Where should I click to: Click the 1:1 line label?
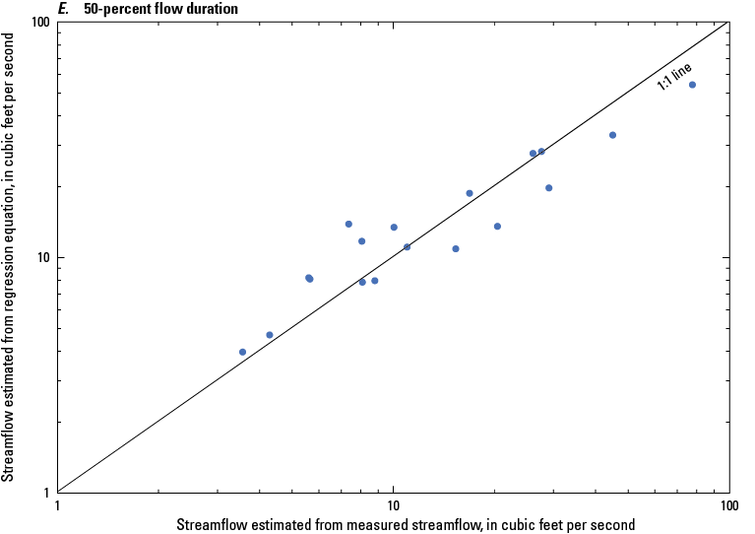click(x=675, y=77)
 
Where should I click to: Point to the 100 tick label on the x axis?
click(x=728, y=504)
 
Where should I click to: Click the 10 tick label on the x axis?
click(x=394, y=504)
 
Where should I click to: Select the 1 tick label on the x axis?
click(x=58, y=504)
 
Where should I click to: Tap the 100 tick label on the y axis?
click(x=39, y=23)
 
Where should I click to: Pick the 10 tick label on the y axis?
click(x=42, y=258)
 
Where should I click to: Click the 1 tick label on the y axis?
click(x=46, y=493)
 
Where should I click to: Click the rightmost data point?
click(x=692, y=85)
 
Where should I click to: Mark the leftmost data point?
click(x=242, y=352)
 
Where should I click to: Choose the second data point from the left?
click(x=270, y=335)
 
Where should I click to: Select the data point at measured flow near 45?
click(x=612, y=135)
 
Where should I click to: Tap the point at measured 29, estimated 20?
click(x=549, y=188)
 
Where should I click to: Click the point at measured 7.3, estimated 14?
click(x=348, y=224)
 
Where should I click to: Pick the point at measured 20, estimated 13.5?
click(x=497, y=227)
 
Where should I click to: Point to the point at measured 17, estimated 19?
click(x=470, y=193)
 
